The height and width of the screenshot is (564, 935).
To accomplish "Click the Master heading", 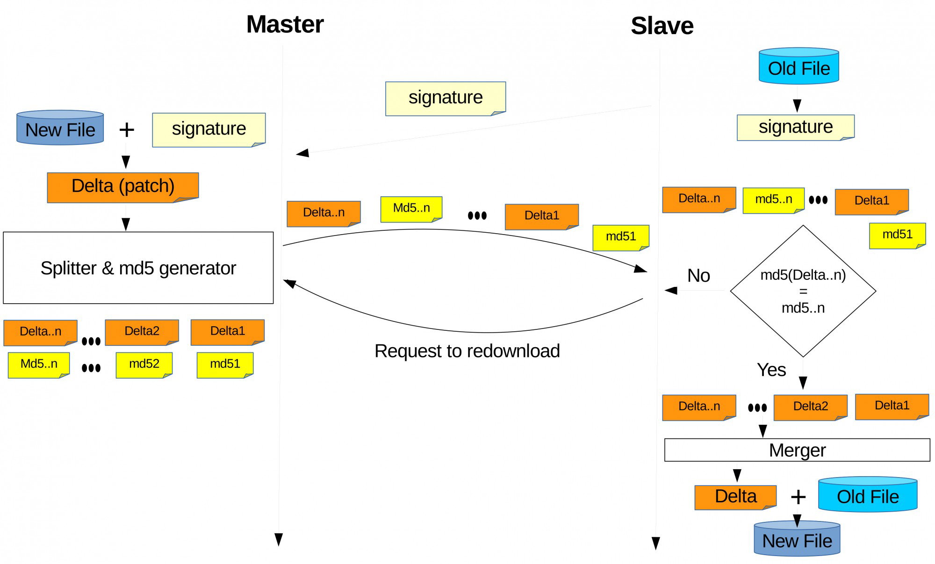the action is (285, 24).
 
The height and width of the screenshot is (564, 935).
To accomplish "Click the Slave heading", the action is (662, 26).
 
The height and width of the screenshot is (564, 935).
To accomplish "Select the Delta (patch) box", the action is (123, 187).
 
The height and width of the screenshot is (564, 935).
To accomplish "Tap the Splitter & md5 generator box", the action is (138, 268).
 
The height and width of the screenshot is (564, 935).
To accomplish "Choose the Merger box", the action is (797, 450).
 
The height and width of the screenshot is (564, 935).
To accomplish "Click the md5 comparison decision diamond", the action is (803, 291).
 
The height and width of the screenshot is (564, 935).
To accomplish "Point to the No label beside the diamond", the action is (698, 276).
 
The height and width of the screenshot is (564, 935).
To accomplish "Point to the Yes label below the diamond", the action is (771, 370).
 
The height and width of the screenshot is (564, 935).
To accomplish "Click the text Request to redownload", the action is (467, 351).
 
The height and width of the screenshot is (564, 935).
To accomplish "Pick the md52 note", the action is (144, 365).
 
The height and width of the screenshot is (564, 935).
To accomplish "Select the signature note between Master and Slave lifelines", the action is (446, 99).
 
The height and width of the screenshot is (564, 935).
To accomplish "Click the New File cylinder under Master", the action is (60, 128).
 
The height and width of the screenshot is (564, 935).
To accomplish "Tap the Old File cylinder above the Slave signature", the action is (799, 66).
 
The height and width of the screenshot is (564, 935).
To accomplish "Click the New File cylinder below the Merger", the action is (797, 538).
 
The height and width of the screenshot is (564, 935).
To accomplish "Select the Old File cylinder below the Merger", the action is (868, 494).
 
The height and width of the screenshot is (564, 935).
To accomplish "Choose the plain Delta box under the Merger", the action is (735, 497).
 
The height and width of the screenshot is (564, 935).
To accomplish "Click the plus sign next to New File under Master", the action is (127, 130).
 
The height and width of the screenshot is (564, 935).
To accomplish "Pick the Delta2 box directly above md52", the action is (142, 332).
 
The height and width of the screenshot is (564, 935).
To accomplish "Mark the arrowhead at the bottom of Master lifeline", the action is (279, 540).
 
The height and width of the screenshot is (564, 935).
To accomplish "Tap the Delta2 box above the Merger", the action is (811, 407).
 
